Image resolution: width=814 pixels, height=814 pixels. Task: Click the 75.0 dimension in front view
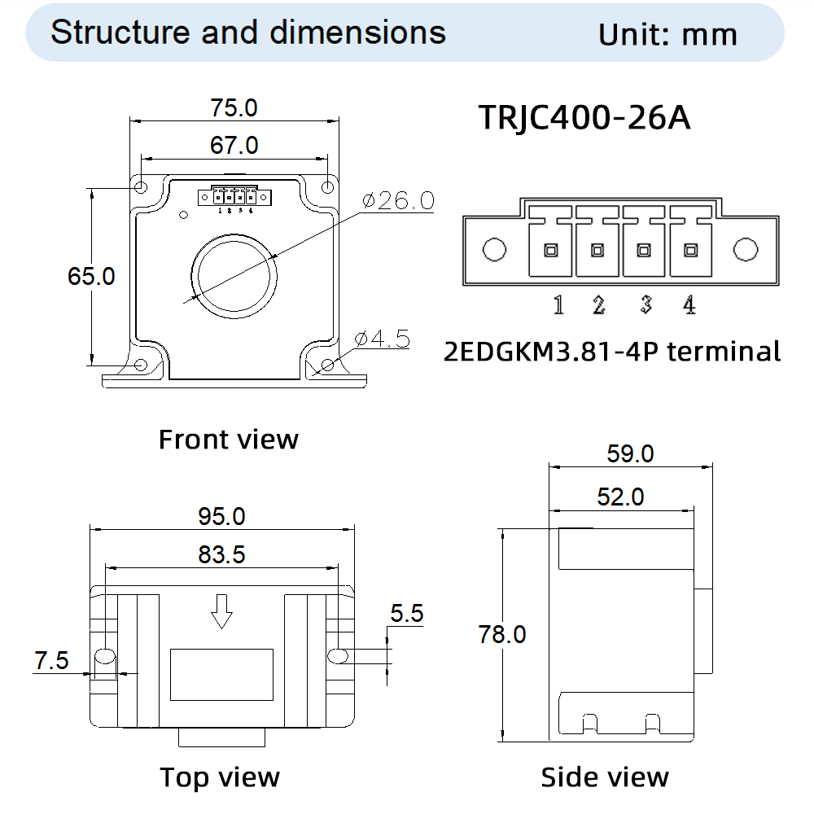[234, 107]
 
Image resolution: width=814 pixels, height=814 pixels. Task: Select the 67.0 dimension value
[234, 145]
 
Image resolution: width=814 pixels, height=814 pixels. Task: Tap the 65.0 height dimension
[91, 276]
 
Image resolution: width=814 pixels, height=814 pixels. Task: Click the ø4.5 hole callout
[383, 339]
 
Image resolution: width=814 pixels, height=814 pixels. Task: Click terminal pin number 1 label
[558, 305]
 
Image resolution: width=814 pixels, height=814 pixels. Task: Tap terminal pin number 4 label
[689, 305]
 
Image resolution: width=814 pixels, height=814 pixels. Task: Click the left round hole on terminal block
[494, 250]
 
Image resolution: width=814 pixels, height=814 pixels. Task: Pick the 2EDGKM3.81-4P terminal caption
[612, 352]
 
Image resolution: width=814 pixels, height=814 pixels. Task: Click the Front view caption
[228, 440]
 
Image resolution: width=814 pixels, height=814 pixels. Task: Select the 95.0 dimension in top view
[221, 516]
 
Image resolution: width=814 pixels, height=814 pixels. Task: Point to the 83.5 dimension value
[221, 554]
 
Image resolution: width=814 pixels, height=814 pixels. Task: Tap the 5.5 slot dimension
[407, 614]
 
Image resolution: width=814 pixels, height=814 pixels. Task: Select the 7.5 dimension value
[51, 661]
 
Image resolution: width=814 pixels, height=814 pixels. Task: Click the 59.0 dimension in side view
[630, 453]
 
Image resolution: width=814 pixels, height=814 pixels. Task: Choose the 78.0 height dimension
[502, 634]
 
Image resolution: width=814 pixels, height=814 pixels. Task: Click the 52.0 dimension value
[620, 497]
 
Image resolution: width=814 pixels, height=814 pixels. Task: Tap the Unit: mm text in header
[667, 34]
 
